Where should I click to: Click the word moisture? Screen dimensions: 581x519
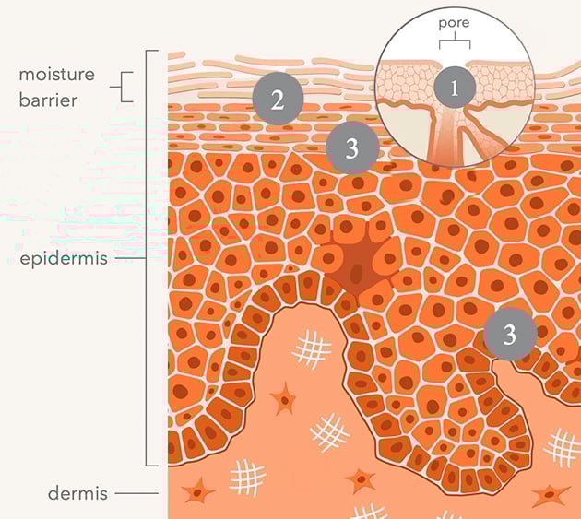pyautogui.click(x=56, y=74)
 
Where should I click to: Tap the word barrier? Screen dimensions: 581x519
pyautogui.click(x=48, y=100)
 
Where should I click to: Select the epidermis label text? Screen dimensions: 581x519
pyautogui.click(x=64, y=258)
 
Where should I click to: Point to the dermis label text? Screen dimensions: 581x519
pyautogui.click(x=77, y=493)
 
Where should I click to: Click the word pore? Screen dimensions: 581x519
pyautogui.click(x=454, y=23)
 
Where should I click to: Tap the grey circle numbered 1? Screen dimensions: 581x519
pyautogui.click(x=455, y=88)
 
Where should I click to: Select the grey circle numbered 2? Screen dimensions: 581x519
pyautogui.click(x=278, y=99)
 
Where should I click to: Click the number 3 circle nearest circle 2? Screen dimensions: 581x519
pyautogui.click(x=352, y=147)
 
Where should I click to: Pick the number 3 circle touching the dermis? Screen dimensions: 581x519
pyautogui.click(x=510, y=334)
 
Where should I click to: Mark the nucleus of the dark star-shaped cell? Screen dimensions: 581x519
pyautogui.click(x=357, y=273)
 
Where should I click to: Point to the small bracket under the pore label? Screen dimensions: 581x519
pyautogui.click(x=455, y=41)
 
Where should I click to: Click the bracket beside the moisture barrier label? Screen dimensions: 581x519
pyautogui.click(x=123, y=87)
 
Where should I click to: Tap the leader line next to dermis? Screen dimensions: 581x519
pyautogui.click(x=136, y=493)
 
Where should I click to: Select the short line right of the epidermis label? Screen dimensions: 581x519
pyautogui.click(x=130, y=258)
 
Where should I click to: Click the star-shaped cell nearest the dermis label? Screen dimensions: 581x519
pyautogui.click(x=197, y=490)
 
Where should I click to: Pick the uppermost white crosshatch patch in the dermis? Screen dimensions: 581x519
pyautogui.click(x=312, y=349)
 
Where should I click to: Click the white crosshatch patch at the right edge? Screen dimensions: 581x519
pyautogui.click(x=563, y=448)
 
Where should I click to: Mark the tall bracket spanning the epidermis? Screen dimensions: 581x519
pyautogui.click(x=147, y=258)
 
